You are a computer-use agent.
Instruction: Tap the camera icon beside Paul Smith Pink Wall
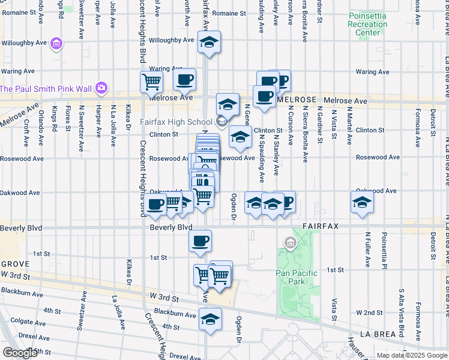coord(101,88)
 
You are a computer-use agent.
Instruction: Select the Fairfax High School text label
coord(176,122)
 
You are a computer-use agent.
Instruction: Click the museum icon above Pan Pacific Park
coord(291,243)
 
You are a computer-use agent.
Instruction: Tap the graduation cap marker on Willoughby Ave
coord(209,43)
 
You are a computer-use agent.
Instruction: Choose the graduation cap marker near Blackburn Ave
coord(210,320)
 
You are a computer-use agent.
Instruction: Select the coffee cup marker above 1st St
coord(200,241)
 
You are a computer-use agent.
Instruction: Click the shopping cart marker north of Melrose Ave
coord(152,81)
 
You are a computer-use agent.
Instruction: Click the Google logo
coord(20,353)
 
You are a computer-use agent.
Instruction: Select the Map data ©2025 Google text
coord(412,355)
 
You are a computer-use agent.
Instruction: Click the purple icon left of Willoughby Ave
coord(57,43)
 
